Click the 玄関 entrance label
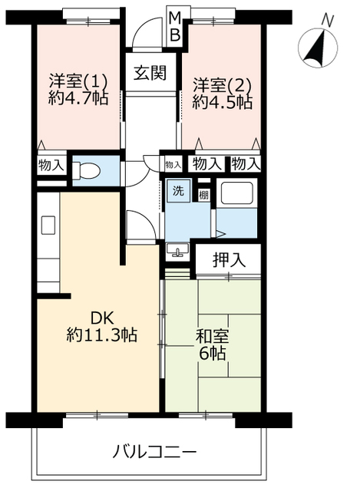tap(150, 74)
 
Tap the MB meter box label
tap(175, 26)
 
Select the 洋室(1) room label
tap(78, 82)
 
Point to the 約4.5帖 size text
tap(222, 101)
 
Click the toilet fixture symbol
tap(85, 171)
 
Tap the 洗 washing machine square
tap(178, 190)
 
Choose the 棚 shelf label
tap(203, 196)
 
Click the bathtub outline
tap(236, 193)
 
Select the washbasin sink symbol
tap(177, 251)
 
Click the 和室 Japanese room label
tap(212, 337)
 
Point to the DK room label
tap(102, 318)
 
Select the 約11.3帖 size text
tap(102, 335)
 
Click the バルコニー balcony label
tap(154, 452)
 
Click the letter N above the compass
tap(328, 21)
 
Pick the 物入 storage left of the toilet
tap(51, 165)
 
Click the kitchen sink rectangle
tap(48, 225)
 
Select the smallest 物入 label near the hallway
tap(173, 164)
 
